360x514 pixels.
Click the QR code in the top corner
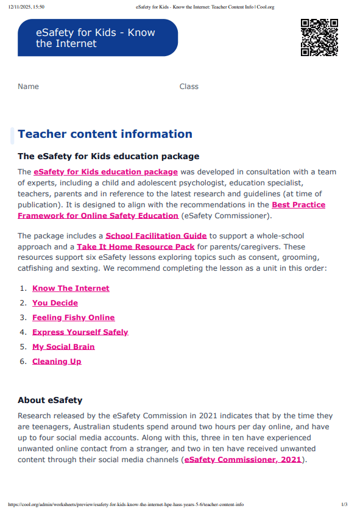(x=319, y=37)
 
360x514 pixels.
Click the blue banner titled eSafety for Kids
(x=97, y=38)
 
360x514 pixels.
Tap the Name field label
(x=28, y=87)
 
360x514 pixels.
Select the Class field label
(x=189, y=87)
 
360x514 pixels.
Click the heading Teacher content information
(x=105, y=134)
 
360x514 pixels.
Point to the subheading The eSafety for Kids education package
(x=108, y=157)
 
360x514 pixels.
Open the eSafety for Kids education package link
(x=105, y=172)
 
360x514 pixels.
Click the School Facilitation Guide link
(x=156, y=236)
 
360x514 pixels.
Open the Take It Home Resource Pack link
(x=135, y=247)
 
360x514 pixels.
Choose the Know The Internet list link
(x=71, y=288)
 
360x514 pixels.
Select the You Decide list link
(x=55, y=303)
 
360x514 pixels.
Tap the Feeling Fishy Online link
(x=73, y=318)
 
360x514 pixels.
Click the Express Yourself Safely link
(x=80, y=332)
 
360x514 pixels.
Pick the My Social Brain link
(x=63, y=347)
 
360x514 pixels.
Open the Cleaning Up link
(x=57, y=362)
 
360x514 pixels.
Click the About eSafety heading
(x=50, y=401)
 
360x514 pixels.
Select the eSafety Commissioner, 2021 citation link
(x=242, y=460)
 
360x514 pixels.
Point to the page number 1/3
(x=344, y=505)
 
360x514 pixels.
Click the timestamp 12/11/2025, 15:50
(x=26, y=7)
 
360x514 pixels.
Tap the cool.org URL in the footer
(x=125, y=505)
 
